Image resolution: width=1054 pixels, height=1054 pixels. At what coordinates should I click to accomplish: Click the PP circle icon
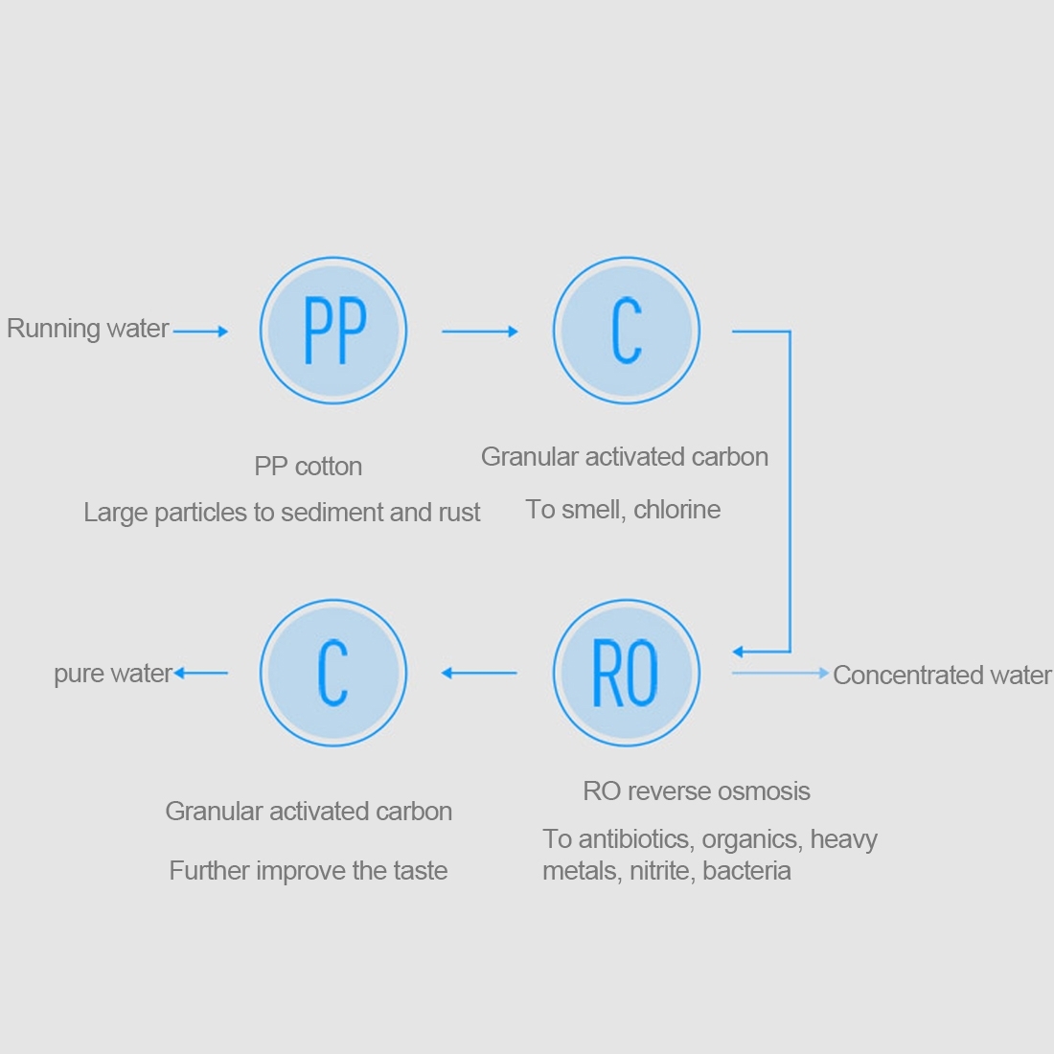[x=333, y=331]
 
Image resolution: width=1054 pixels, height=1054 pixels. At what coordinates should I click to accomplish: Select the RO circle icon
[x=627, y=673]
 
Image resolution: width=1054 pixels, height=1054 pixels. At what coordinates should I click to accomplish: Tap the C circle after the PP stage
[x=627, y=331]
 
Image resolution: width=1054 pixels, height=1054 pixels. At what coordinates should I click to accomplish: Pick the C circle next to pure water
[x=333, y=673]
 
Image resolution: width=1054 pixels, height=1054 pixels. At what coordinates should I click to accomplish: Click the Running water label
[x=88, y=329]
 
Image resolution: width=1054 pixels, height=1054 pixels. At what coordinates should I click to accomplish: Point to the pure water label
[x=112, y=674]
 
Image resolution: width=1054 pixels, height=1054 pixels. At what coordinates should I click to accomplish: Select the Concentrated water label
[x=942, y=676]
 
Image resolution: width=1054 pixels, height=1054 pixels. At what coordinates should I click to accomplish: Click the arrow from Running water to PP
[x=200, y=332]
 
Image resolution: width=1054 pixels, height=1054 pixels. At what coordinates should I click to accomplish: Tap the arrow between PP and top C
[x=479, y=332]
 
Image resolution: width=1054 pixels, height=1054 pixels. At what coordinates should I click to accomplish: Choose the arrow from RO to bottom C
[x=479, y=674]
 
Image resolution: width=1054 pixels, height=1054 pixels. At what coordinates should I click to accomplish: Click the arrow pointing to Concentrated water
[x=780, y=674]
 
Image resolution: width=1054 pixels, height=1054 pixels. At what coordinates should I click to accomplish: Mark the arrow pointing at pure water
[x=201, y=674]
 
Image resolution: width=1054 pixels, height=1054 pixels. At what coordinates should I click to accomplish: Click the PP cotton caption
[x=308, y=467]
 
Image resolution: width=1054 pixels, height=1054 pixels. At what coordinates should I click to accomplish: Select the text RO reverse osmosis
[x=697, y=791]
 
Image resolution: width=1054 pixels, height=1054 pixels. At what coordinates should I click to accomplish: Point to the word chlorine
[x=676, y=510]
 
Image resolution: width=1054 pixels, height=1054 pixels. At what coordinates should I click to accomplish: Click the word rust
[x=459, y=513]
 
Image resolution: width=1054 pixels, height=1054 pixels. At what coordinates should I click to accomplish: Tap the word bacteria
[x=746, y=871]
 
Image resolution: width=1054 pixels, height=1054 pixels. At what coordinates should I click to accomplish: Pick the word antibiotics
[x=634, y=839]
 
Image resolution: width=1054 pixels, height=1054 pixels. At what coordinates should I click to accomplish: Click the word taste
[x=420, y=871]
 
